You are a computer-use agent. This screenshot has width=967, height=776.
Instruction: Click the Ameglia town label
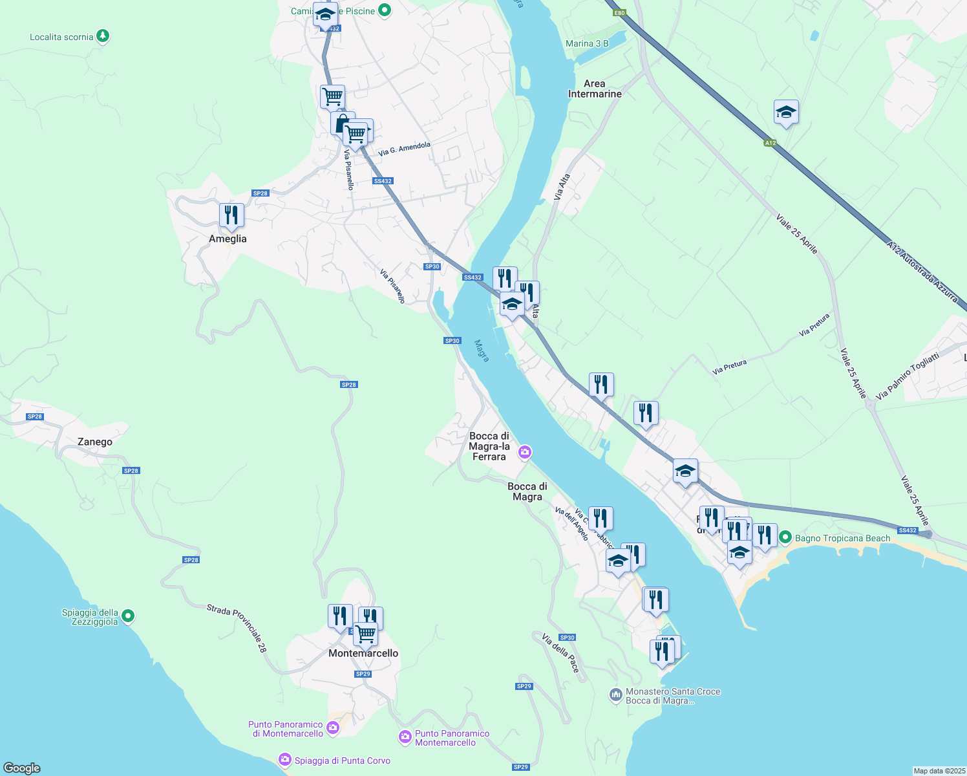(228, 239)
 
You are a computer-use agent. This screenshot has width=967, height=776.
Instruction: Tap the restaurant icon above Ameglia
(231, 215)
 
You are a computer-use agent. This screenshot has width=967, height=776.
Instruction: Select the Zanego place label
(95, 442)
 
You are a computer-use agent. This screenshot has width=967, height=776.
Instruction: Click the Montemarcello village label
(363, 653)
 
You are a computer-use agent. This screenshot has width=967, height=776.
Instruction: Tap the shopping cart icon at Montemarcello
(365, 634)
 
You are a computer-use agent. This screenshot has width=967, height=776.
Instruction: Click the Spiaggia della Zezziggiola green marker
(128, 616)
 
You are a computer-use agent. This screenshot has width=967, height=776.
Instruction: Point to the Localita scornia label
(61, 37)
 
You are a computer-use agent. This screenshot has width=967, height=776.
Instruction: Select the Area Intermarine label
(595, 89)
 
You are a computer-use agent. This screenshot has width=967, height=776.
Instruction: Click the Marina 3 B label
(587, 43)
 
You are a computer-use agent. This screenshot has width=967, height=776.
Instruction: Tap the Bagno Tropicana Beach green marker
(785, 537)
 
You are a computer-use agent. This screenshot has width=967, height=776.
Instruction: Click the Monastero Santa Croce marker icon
(615, 695)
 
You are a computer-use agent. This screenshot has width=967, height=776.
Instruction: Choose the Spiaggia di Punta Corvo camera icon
(285, 760)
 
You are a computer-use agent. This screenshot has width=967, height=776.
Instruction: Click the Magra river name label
(482, 351)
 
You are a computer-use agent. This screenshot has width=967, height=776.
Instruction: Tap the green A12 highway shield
(770, 143)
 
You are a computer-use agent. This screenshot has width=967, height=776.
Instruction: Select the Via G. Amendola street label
(404, 149)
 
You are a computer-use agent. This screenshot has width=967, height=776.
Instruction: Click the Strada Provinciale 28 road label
(237, 628)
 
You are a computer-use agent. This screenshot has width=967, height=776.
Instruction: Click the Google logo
(22, 768)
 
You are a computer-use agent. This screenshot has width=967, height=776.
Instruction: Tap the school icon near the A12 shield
(786, 113)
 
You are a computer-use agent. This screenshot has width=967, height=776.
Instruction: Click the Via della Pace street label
(560, 653)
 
